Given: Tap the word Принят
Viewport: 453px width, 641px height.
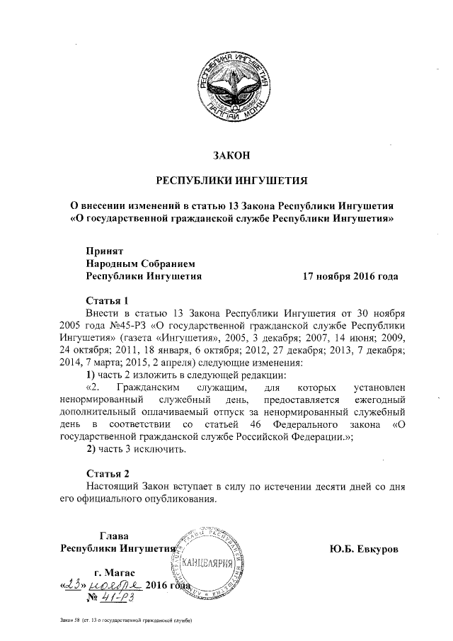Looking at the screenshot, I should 105,251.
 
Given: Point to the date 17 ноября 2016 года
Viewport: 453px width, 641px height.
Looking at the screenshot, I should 350,276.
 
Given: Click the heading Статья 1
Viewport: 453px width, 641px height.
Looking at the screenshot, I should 108,300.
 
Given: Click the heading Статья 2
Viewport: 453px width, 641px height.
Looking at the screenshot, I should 108,473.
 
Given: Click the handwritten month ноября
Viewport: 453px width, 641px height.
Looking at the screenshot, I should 115,585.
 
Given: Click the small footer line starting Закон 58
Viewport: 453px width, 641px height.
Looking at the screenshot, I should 127,621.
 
